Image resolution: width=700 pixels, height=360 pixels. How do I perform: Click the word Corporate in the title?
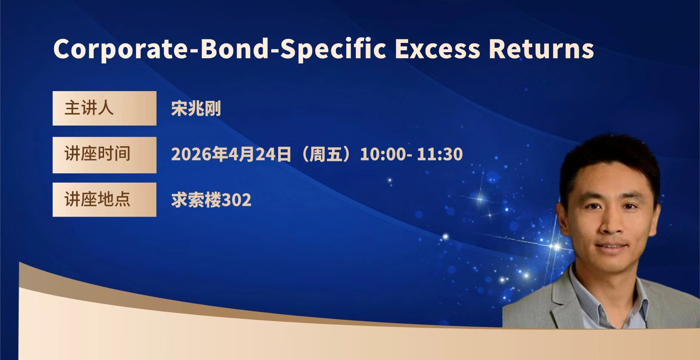click(121, 49)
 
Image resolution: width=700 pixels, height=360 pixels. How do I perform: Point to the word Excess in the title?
click(437, 49)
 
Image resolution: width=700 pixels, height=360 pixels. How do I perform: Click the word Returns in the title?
click(541, 49)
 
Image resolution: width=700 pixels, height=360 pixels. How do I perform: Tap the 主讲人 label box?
click(104, 108)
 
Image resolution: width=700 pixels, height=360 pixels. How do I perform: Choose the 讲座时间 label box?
click(104, 155)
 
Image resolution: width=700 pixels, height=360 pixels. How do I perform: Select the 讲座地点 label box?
click(104, 200)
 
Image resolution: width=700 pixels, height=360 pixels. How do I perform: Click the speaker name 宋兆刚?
click(196, 109)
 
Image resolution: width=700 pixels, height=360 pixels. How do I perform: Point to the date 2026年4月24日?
click(231, 154)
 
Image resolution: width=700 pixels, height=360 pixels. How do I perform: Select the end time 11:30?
click(440, 154)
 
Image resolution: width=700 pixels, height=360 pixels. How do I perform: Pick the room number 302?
click(236, 200)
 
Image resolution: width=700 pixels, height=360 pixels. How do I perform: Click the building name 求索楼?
click(196, 200)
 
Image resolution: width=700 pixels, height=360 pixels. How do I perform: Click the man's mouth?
click(611, 247)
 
